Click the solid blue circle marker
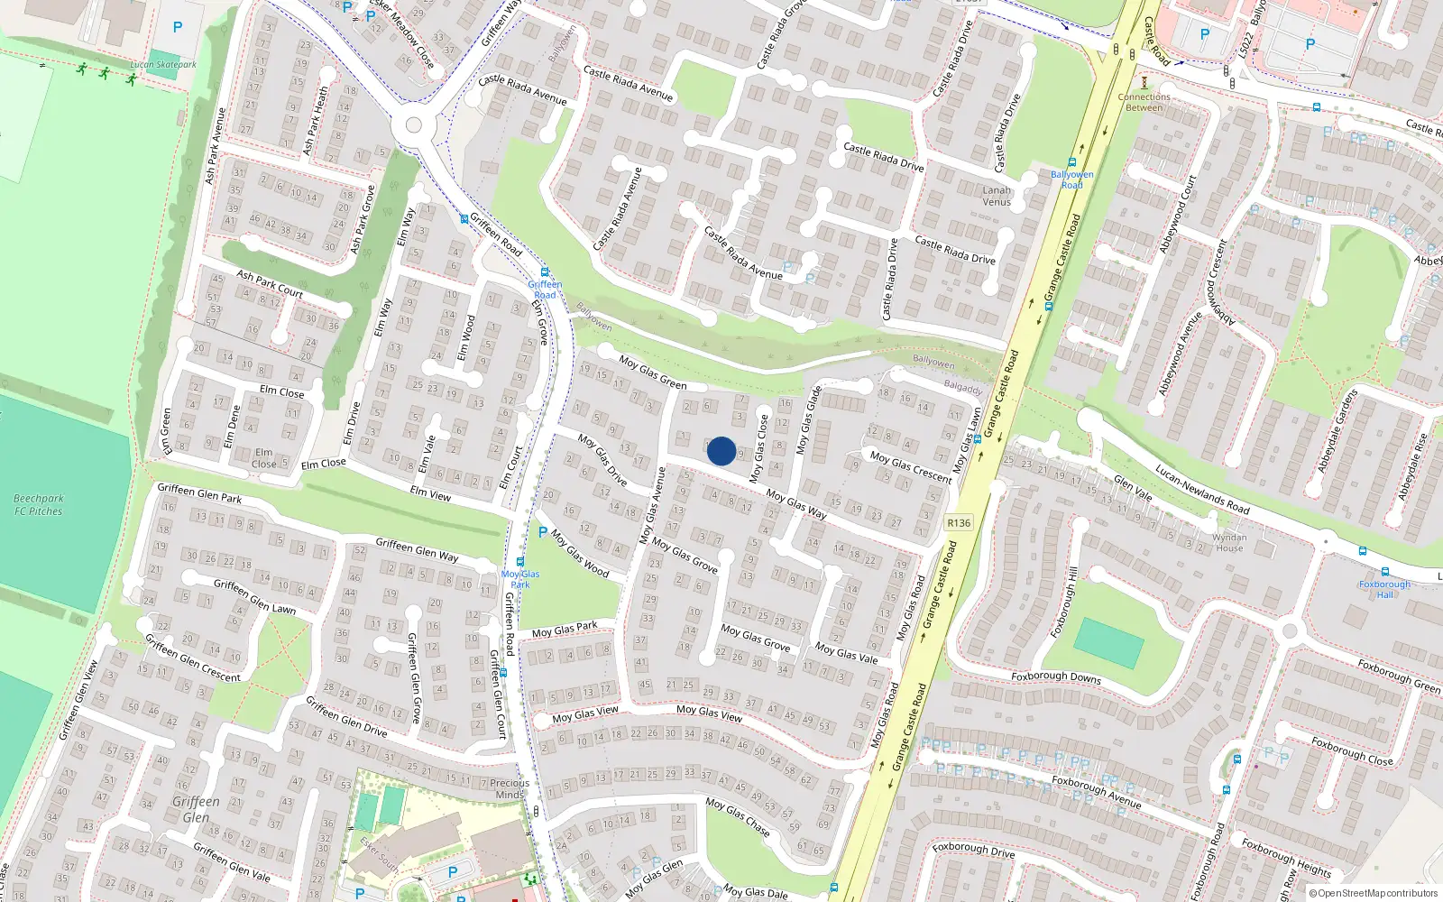pos(721,451)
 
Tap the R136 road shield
pos(959,523)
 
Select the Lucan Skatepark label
pos(163,65)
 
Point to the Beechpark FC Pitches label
pos(39,504)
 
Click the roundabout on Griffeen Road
pos(414,125)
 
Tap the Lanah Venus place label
pos(997,196)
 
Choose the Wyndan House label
pos(1229,542)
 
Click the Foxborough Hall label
pos(1384,589)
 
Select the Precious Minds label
pos(510,788)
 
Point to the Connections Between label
pos(1144,102)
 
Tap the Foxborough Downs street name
pos(1056,676)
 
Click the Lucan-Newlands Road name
pos(1202,490)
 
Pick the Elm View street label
pos(430,494)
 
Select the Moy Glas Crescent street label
pos(911,467)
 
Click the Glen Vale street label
pos(1133,487)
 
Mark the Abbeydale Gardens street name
pos(1337,430)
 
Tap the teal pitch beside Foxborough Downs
pos(1108,643)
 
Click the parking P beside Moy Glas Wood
pos(543,532)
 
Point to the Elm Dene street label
pos(232,427)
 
